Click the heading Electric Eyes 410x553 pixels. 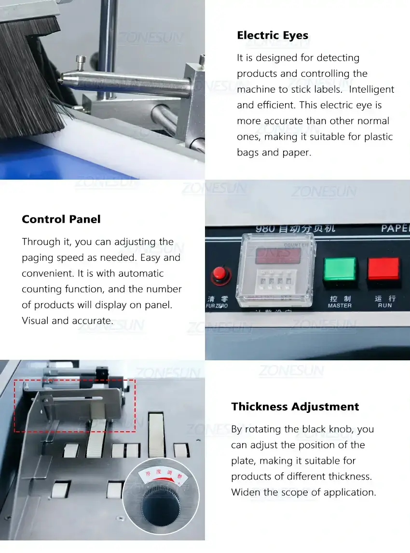coord(273,35)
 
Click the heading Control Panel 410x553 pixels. coord(61,219)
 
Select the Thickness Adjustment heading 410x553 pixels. coord(295,407)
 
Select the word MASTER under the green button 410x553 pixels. coord(340,306)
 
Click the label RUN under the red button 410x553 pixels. coord(384,306)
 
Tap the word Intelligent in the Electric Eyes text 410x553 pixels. coord(371,89)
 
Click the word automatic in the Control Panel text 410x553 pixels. coord(141,273)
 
